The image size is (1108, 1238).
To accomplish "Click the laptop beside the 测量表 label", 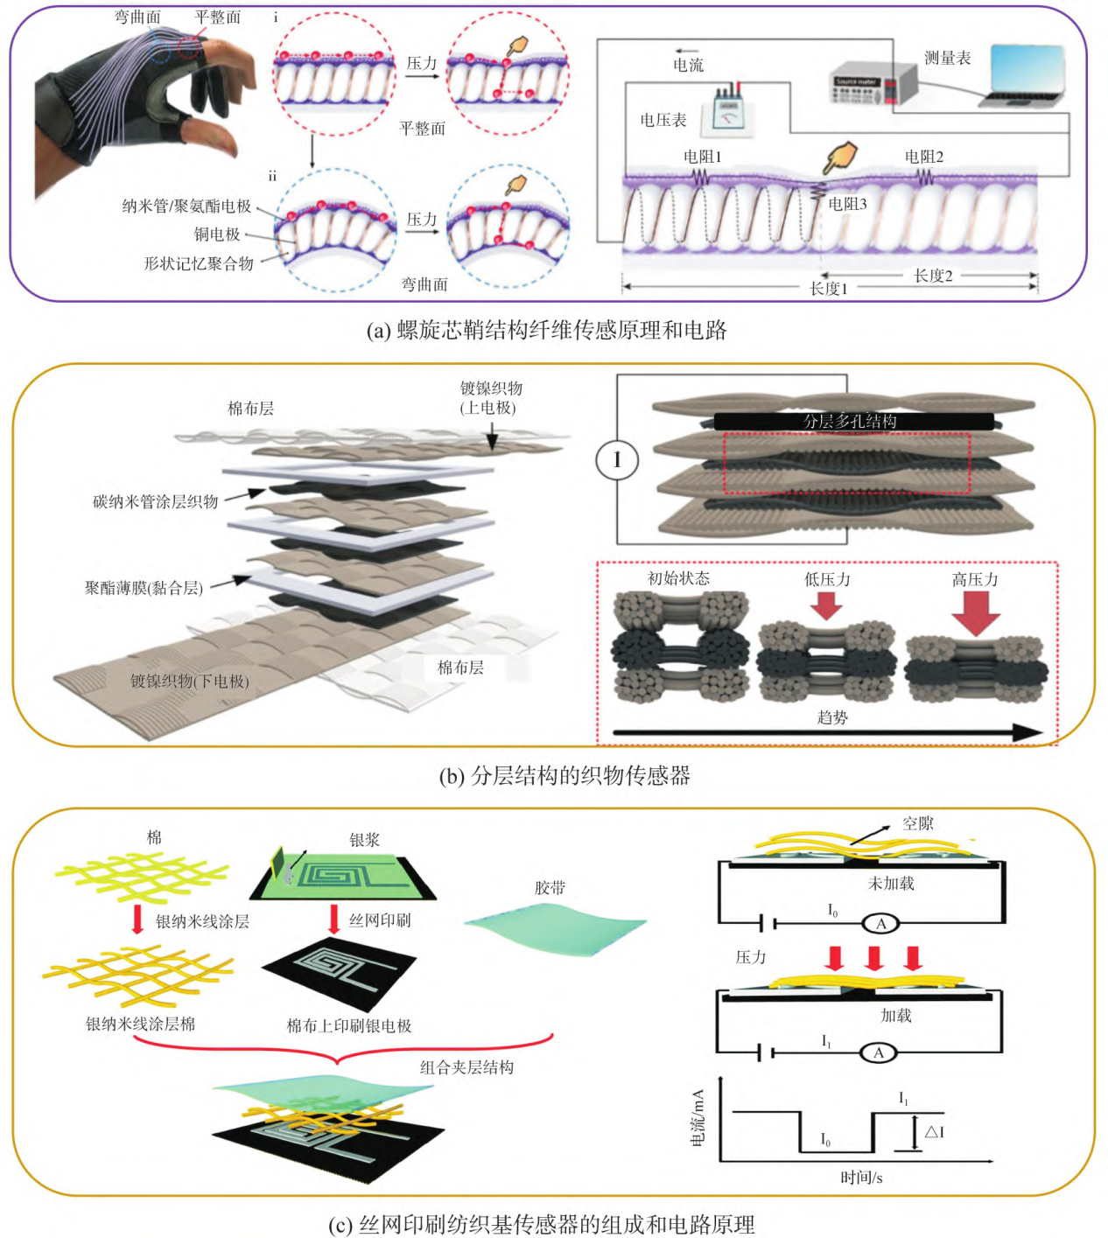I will [1025, 76].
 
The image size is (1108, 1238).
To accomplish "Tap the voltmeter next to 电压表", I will [728, 112].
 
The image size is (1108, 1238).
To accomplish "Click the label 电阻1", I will [702, 157].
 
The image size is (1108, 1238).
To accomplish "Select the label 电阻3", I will [847, 204].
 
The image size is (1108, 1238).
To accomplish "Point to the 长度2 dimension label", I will [933, 276].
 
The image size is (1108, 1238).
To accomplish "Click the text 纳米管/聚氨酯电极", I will [186, 206].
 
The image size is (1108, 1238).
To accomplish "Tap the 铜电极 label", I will [217, 234].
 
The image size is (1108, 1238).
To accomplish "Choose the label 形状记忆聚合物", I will [199, 263].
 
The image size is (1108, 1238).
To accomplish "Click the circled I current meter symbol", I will [617, 459].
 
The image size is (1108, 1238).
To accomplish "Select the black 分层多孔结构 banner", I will [853, 422].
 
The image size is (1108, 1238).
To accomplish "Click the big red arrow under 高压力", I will [976, 612].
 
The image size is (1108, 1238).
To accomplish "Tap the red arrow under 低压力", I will [826, 605].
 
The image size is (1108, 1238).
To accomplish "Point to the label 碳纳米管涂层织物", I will [156, 501].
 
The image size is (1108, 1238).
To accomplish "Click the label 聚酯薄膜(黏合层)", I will [144, 588].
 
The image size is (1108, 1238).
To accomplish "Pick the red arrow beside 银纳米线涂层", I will [137, 920].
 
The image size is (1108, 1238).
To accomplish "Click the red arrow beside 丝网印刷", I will [333, 920].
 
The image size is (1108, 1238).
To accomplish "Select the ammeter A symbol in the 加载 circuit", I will [879, 1053].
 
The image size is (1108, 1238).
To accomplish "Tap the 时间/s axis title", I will [861, 1178].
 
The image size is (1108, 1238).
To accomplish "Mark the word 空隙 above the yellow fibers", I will [918, 823].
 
